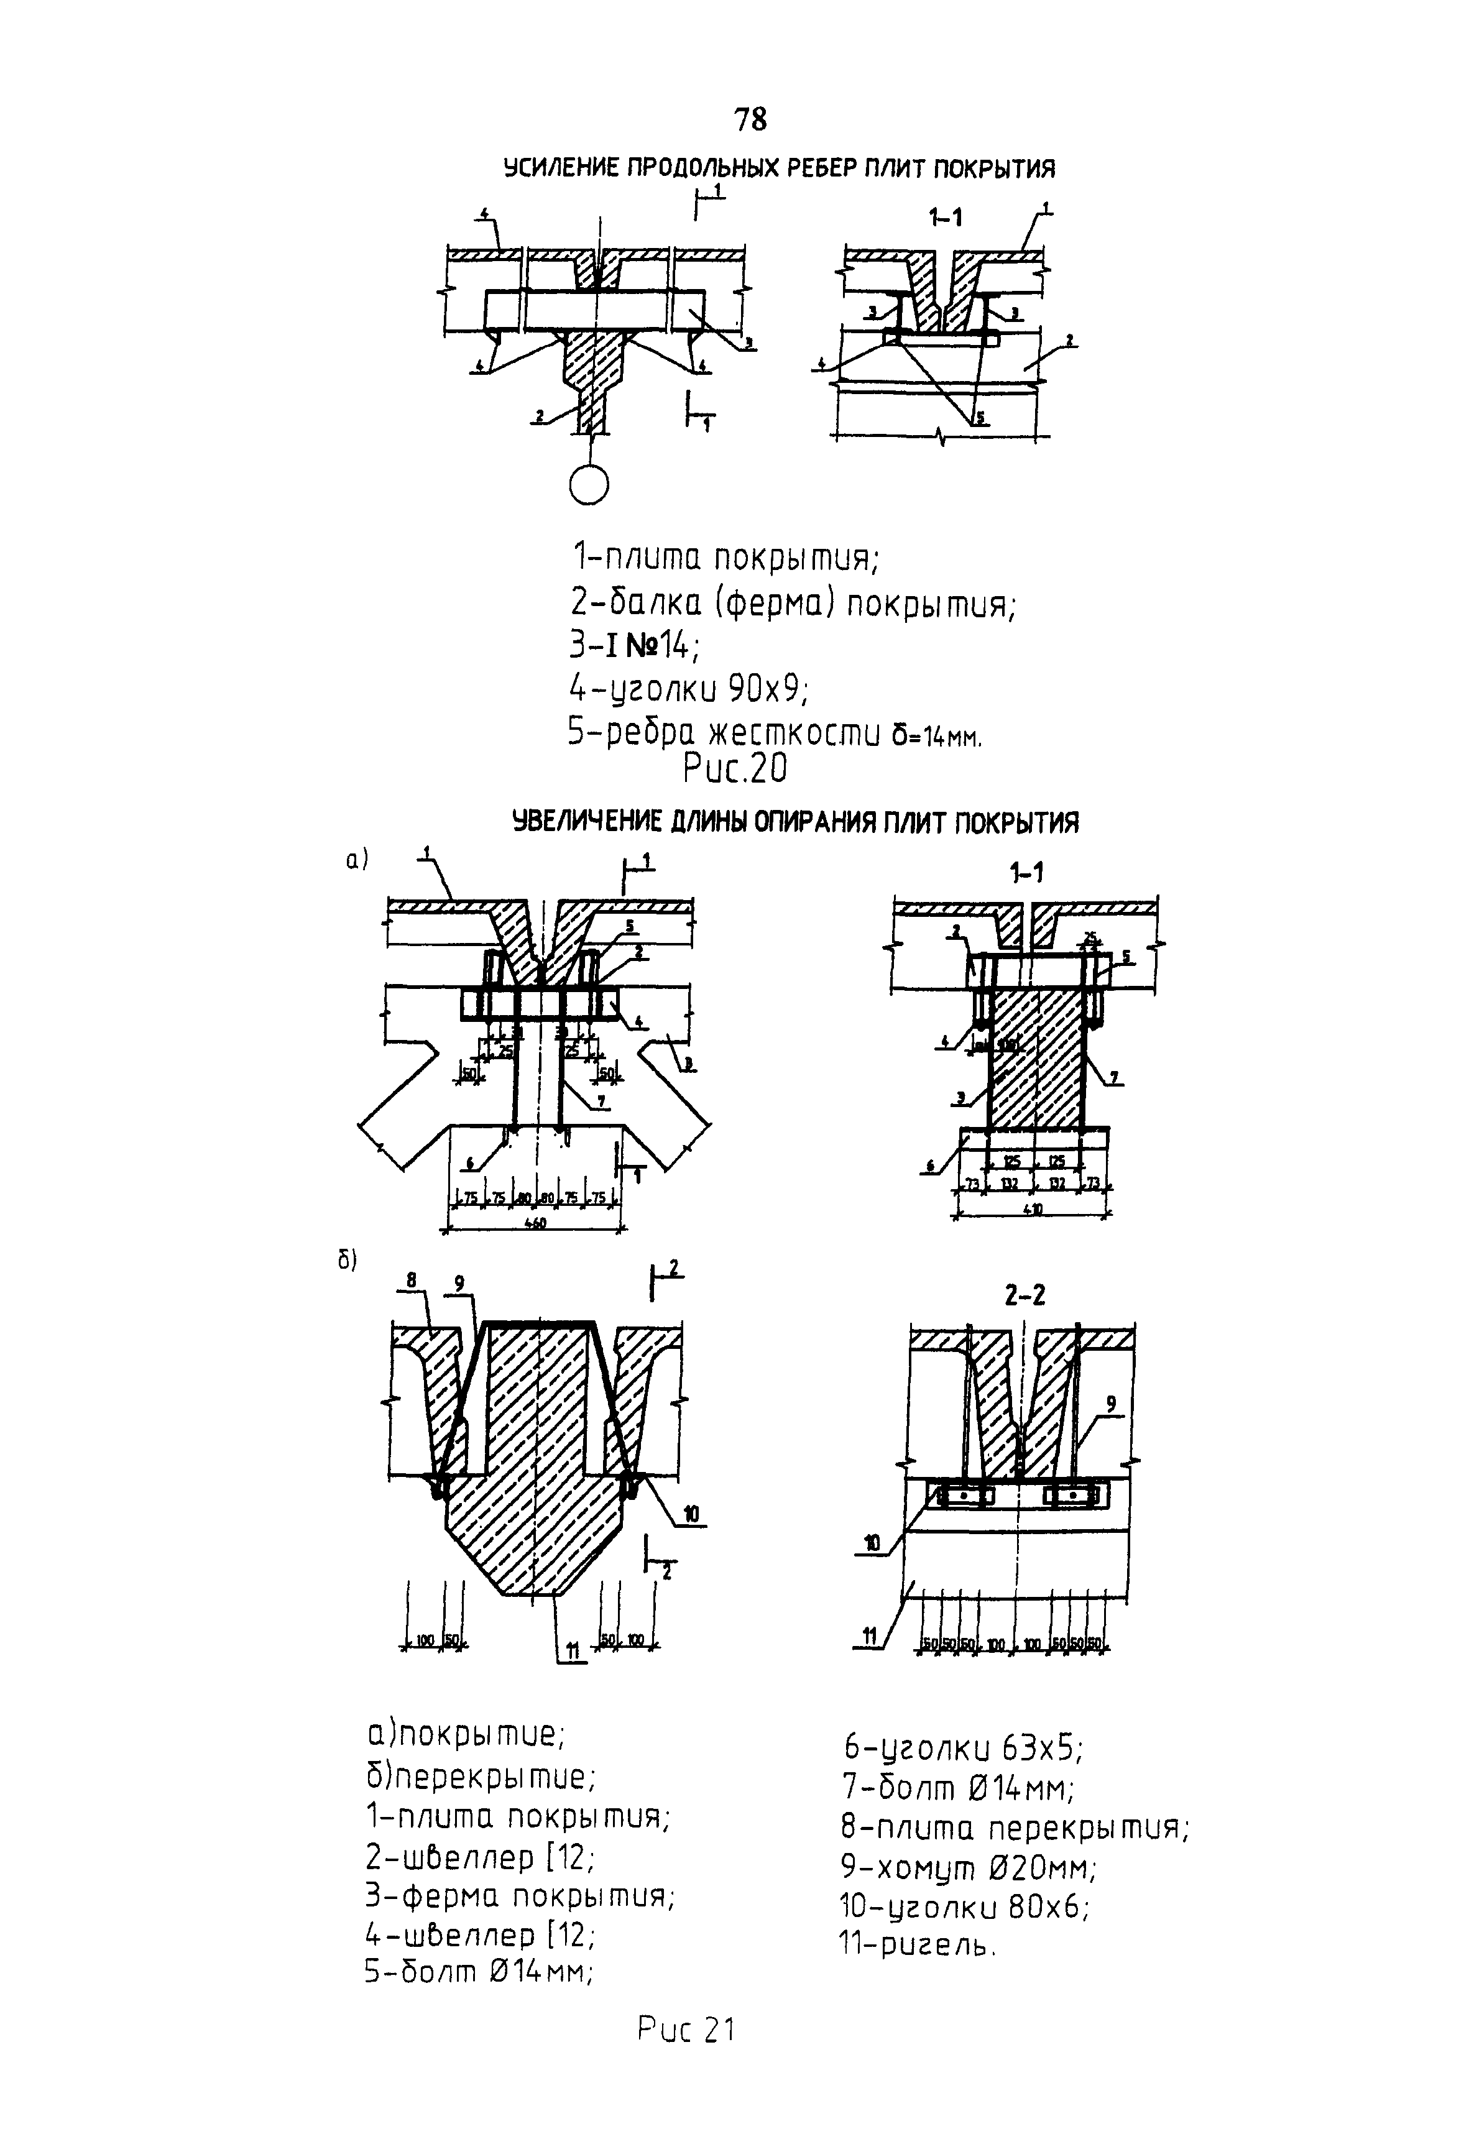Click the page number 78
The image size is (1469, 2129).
coord(750,119)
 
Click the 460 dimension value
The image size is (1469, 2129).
coord(535,1223)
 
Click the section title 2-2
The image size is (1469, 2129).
coord(1025,1295)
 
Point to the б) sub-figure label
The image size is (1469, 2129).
coord(347,1261)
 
